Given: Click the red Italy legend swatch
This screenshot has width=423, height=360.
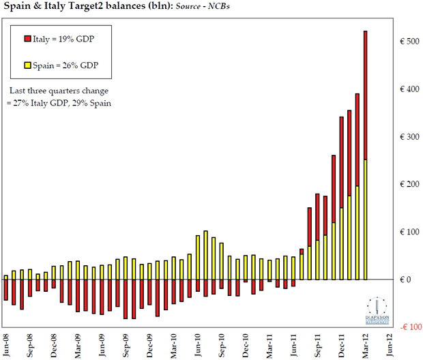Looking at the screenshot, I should coord(27,39).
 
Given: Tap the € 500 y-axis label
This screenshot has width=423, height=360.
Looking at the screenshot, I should coord(409,42).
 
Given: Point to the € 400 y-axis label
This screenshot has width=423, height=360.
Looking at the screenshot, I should coord(409,89).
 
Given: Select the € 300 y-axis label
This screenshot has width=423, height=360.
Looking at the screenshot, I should coord(409,137).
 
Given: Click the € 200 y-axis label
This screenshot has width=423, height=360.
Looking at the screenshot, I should coord(409,185).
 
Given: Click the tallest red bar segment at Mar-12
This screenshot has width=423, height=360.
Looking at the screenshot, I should coord(366,95).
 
